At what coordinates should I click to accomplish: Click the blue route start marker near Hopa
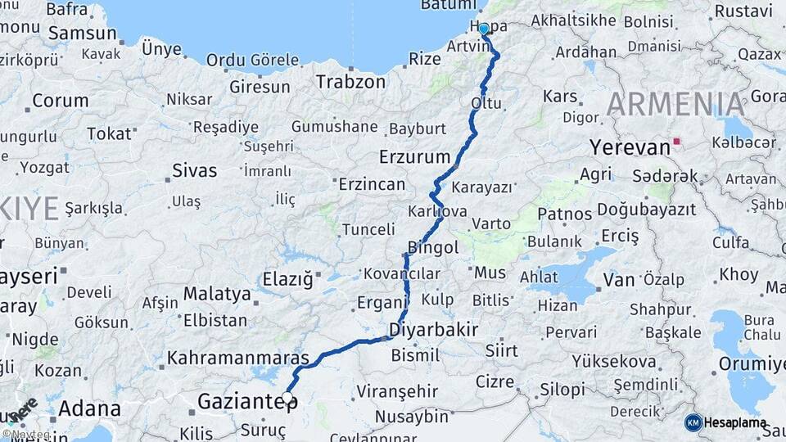pos(484,29)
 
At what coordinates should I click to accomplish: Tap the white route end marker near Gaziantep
pos(287,398)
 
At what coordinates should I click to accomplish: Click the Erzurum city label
pos(414,156)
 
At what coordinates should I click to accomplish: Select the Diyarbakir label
pos(433,329)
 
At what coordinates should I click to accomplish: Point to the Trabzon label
pos(350,82)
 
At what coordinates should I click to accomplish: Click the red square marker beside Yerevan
pos(676,141)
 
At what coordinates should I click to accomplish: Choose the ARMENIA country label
pos(676,105)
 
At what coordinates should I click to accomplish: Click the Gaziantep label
pos(237,401)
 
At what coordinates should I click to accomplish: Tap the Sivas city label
pos(195,171)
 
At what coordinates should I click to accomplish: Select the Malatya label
pos(217,293)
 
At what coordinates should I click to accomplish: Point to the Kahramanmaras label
pos(238,358)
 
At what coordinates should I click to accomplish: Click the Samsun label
pos(82,34)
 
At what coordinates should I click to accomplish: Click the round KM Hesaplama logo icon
pos(693,422)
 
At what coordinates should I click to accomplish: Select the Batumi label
pos(442,6)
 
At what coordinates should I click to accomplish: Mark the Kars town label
pos(560,97)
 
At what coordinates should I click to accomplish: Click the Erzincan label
pos(372,184)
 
